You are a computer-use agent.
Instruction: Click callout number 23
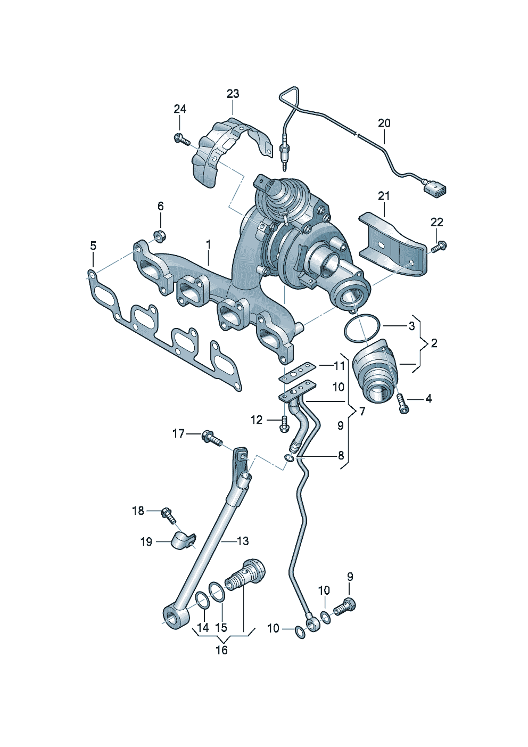tap(233, 94)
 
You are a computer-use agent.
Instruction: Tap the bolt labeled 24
tap(181, 140)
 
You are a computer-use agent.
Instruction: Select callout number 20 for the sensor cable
tap(384, 124)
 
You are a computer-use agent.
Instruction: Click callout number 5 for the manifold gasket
tap(93, 246)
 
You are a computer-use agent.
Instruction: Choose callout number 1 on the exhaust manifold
tap(209, 244)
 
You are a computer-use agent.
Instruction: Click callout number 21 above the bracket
tap(384, 196)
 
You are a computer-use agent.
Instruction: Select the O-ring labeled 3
tap(362, 330)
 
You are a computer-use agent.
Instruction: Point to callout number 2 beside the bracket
tap(434, 343)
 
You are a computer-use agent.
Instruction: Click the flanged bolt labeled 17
tap(210, 438)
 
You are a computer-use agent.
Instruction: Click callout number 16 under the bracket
tap(221, 650)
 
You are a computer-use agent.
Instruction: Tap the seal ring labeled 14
tap(202, 601)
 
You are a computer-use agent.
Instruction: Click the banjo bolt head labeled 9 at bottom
tap(346, 605)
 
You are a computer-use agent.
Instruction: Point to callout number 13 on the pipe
tap(243, 541)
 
